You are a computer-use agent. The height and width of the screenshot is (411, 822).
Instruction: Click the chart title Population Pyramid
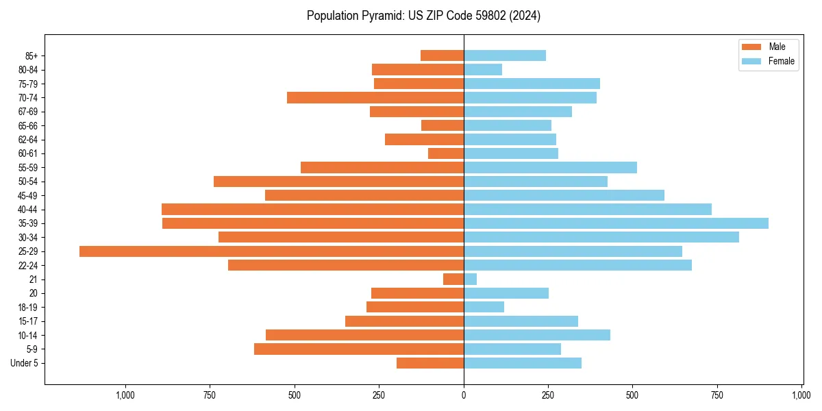pyautogui.click(x=423, y=16)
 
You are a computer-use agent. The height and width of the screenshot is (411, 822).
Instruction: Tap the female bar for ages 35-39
pyautogui.click(x=616, y=223)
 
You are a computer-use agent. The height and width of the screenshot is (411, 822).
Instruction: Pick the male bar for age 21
pyautogui.click(x=453, y=279)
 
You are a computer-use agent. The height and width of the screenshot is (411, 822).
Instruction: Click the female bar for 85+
pyautogui.click(x=505, y=55)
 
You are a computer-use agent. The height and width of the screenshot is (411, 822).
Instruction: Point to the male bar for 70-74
pyautogui.click(x=375, y=97)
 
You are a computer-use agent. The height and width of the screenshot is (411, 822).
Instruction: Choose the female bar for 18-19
pyautogui.click(x=484, y=307)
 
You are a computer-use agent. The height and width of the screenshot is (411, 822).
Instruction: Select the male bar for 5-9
pyautogui.click(x=359, y=349)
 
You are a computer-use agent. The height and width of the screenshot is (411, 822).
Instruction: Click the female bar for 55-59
pyautogui.click(x=550, y=167)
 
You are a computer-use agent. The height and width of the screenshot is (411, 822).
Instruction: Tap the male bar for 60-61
pyautogui.click(x=446, y=153)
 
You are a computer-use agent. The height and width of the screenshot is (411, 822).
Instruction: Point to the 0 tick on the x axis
pyautogui.click(x=464, y=395)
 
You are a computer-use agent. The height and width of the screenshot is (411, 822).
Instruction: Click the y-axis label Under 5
pyautogui.click(x=24, y=363)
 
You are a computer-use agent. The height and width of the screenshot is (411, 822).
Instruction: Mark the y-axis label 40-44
pyautogui.click(x=28, y=210)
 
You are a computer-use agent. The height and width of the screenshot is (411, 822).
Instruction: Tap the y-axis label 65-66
pyautogui.click(x=28, y=125)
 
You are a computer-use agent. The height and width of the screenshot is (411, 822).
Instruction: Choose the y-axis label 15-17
pyautogui.click(x=28, y=321)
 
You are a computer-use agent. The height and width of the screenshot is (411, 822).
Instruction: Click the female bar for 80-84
pyautogui.click(x=483, y=69)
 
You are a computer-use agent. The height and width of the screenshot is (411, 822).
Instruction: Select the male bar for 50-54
pyautogui.click(x=338, y=182)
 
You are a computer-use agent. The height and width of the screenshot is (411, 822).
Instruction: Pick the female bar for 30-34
pyautogui.click(x=601, y=237)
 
